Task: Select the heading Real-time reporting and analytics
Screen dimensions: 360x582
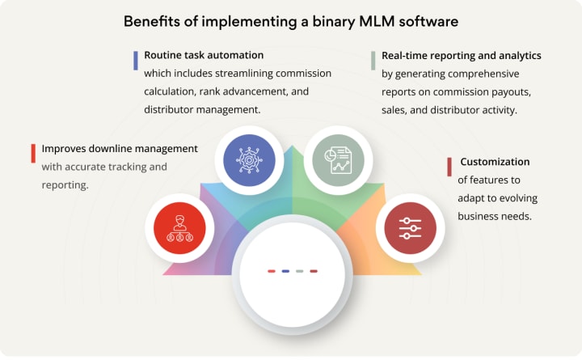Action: click(x=462, y=56)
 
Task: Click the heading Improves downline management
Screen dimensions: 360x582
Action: click(x=120, y=149)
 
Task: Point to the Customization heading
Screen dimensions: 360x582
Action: click(x=495, y=162)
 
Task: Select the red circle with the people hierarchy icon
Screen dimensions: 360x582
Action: click(x=175, y=223)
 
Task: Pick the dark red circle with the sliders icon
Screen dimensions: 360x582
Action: click(x=410, y=223)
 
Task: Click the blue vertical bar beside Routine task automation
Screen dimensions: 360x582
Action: click(x=137, y=61)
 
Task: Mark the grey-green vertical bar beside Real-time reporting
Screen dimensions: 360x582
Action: click(x=373, y=61)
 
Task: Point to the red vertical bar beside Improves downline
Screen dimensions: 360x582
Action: click(x=33, y=153)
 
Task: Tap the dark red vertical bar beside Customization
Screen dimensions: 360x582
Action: click(x=449, y=167)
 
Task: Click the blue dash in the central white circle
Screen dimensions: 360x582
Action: click(x=285, y=271)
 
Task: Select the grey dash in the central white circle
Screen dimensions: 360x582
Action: click(x=299, y=271)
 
